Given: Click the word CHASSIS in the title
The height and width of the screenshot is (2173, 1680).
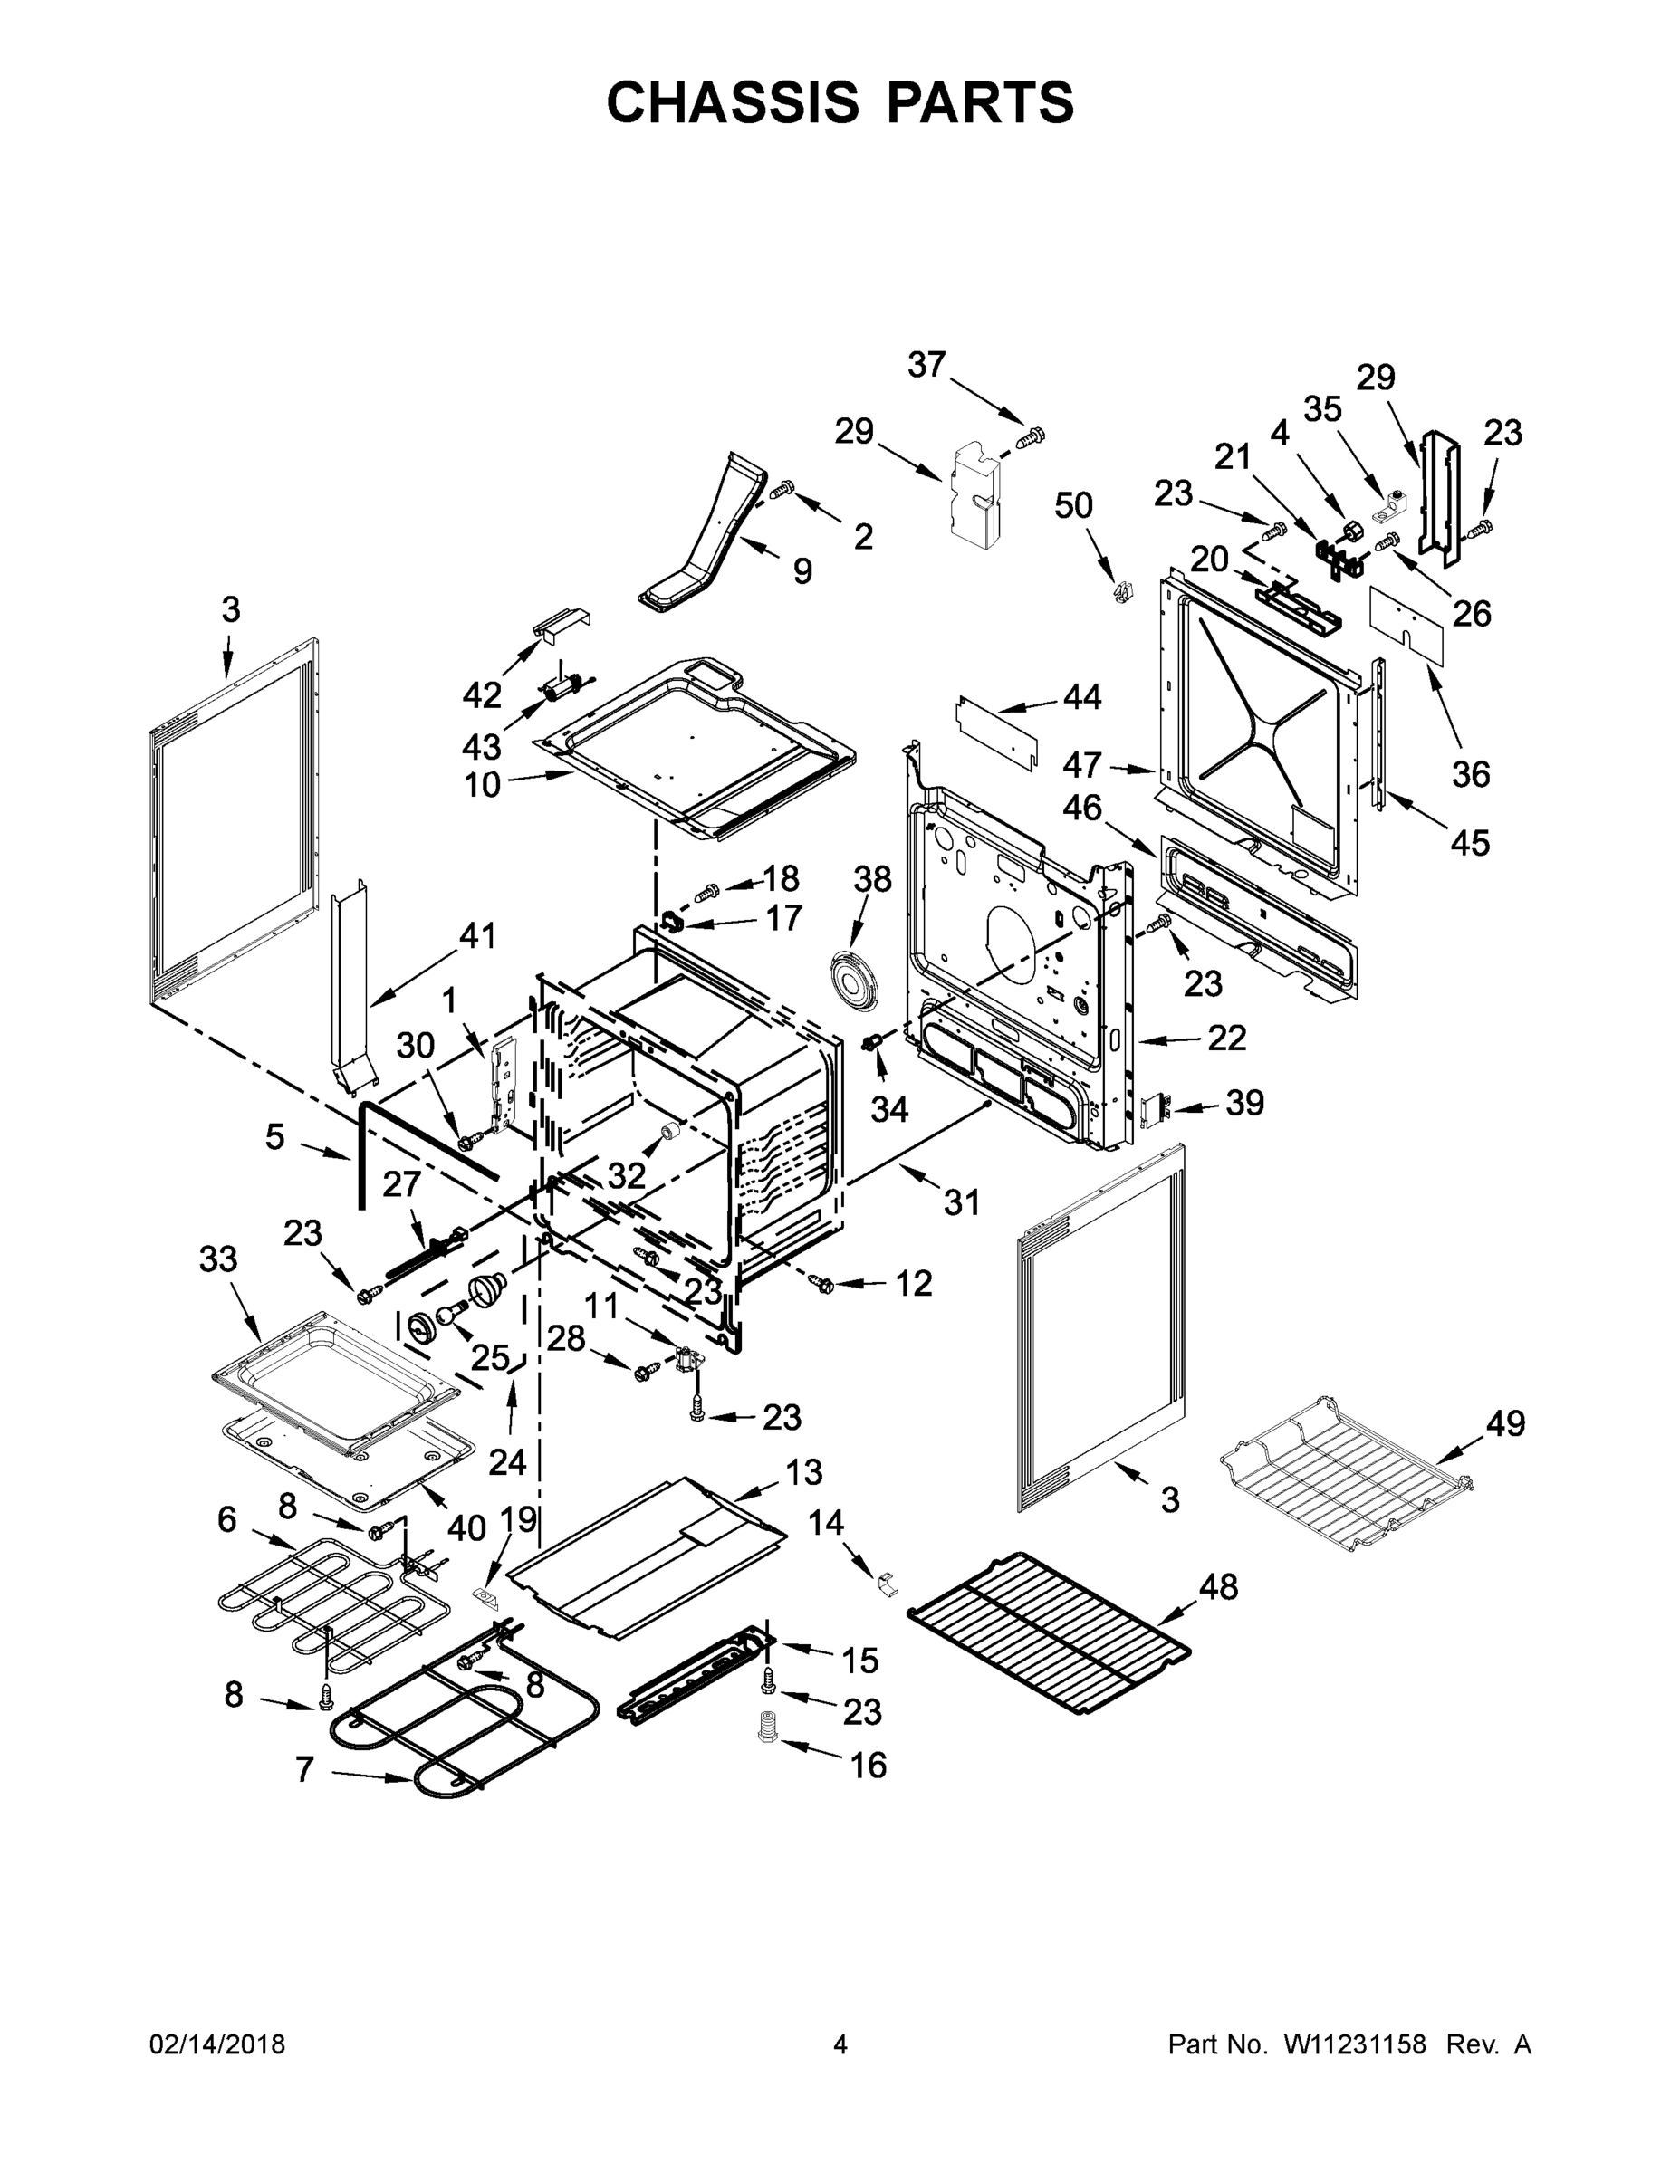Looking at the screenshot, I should pos(733,102).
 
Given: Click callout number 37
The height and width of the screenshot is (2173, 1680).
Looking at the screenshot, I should pos(926,365).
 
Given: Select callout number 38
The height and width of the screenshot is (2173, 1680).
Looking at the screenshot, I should pos(873,879).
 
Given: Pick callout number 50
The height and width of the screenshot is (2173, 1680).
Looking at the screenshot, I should pos(1074,505).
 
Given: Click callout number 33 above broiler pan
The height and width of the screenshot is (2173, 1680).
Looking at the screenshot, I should pos(218,1259).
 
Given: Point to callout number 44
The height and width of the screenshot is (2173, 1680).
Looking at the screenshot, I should pos(1082,696).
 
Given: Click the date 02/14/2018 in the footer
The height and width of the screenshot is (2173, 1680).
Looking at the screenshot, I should pos(217,2044).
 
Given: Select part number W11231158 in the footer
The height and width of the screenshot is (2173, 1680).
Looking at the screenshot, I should pos(1355,2044).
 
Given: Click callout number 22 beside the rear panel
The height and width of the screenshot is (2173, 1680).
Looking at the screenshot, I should pos(1226,1039).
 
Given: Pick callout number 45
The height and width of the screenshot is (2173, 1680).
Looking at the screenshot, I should pos(1469,843).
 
